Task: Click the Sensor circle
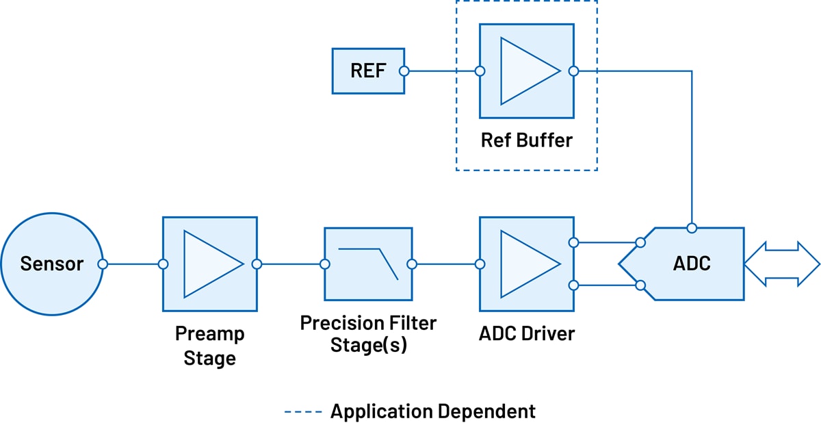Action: (x=51, y=264)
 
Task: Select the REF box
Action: (x=367, y=70)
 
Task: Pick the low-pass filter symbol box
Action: (x=368, y=264)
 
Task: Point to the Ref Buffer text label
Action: (x=526, y=140)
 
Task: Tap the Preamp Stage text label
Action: (x=209, y=346)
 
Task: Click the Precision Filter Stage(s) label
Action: (x=368, y=333)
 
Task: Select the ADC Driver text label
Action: (x=527, y=334)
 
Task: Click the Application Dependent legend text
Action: (x=432, y=411)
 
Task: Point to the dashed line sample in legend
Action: (x=302, y=411)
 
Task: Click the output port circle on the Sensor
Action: (x=102, y=264)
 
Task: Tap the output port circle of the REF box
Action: (x=404, y=70)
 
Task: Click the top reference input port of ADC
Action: (x=692, y=227)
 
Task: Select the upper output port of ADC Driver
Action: (x=573, y=242)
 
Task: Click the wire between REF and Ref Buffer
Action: (x=441, y=70)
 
